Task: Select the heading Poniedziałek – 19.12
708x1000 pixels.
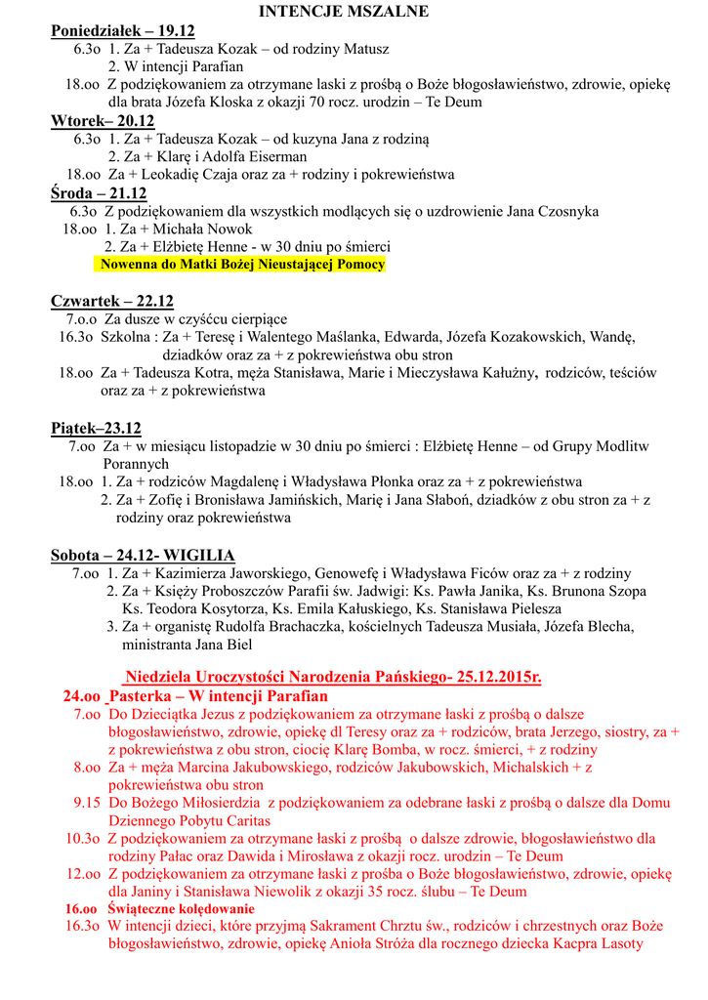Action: coord(123,30)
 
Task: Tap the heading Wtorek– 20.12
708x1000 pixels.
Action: coord(103,121)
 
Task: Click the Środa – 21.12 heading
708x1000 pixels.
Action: coord(99,193)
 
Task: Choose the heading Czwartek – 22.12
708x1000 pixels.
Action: coord(112,301)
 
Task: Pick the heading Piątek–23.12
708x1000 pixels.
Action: coord(96,428)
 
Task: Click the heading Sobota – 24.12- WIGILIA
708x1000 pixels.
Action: coord(143,555)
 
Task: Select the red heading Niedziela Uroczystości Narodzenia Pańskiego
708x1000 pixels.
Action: coord(332,677)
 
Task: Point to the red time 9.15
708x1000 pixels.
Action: coord(87,803)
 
